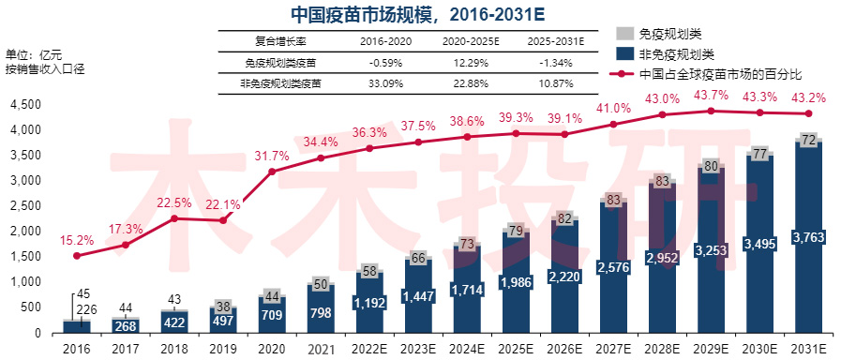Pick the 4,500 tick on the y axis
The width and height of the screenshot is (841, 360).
pos(25,104)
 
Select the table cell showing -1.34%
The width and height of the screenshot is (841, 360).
pos(556,63)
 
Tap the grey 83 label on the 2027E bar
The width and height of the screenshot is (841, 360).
pos(613,199)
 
